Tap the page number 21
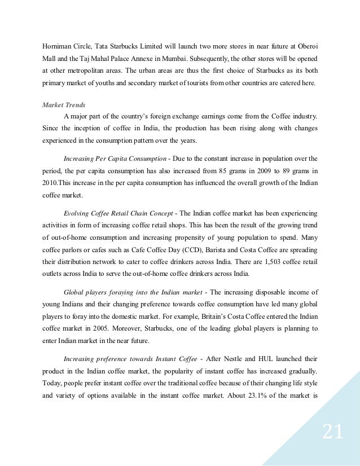[x=333, y=433]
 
